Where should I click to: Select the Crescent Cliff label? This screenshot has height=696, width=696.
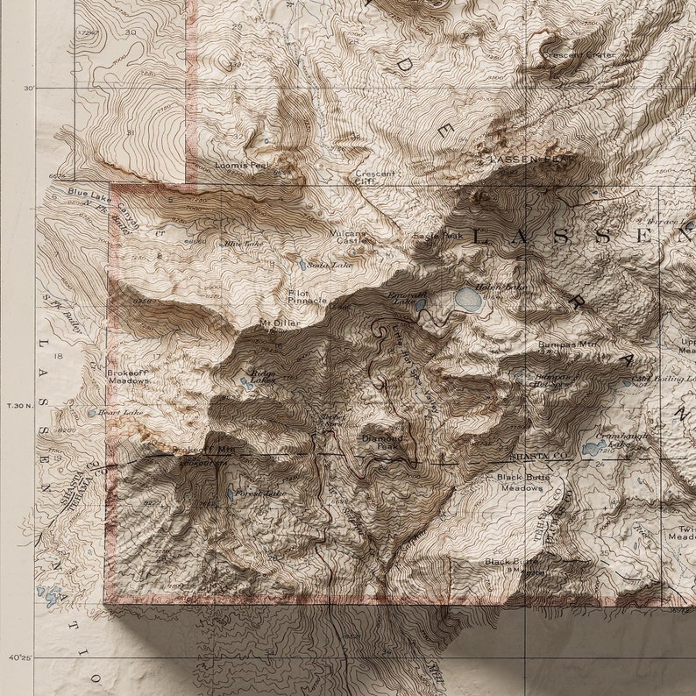point(375,177)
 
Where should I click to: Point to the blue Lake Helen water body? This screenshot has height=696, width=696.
point(468,300)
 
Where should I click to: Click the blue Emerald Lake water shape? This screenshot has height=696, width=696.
point(420,305)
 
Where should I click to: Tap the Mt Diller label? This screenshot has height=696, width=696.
point(280,323)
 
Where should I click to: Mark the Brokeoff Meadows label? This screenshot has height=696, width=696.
point(128,377)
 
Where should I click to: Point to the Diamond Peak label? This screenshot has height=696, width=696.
point(383,441)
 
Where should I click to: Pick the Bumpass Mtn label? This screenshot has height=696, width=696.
point(567,345)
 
